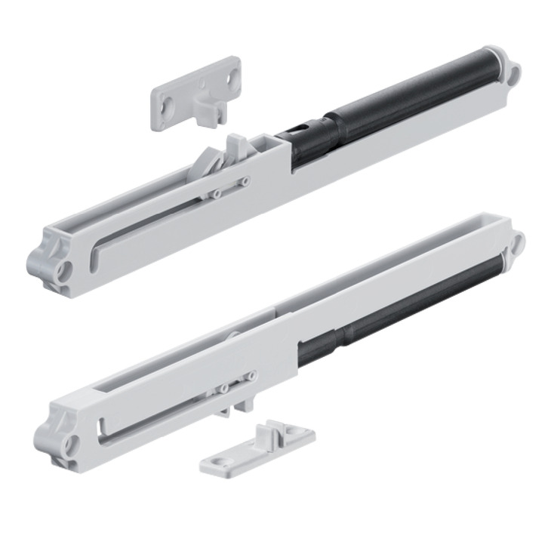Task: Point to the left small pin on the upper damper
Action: click(216, 194)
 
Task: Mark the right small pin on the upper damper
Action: click(243, 181)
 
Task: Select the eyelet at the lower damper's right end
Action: click(518, 242)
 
